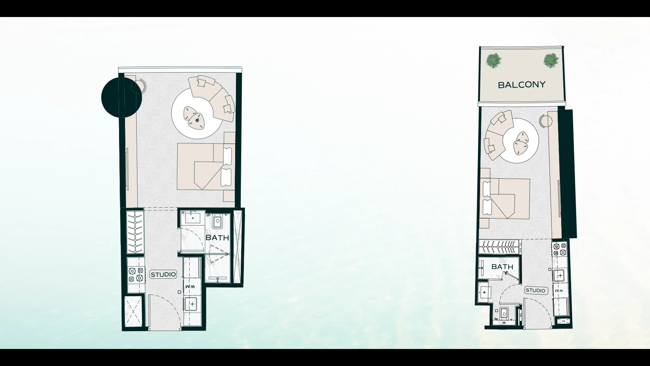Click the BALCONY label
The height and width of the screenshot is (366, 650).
coord(522,85)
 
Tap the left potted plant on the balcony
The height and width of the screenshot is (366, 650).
coord(494,61)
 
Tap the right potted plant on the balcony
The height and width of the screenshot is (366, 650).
coord(551,61)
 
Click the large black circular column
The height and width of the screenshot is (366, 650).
coord(121,97)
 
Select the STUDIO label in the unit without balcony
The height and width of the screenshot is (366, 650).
coord(163,274)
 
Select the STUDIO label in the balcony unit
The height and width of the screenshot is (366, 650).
coord(535,291)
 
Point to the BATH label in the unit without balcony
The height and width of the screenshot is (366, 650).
coord(217,238)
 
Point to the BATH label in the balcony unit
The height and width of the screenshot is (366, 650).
coord(502,267)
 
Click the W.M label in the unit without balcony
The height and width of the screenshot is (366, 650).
coord(190,286)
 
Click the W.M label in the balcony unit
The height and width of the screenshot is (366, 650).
coord(559,291)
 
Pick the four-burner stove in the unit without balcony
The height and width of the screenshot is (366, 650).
coord(135,274)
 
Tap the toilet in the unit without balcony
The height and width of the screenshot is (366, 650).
coord(217,222)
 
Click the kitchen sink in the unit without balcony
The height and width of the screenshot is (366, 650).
coord(192,304)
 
